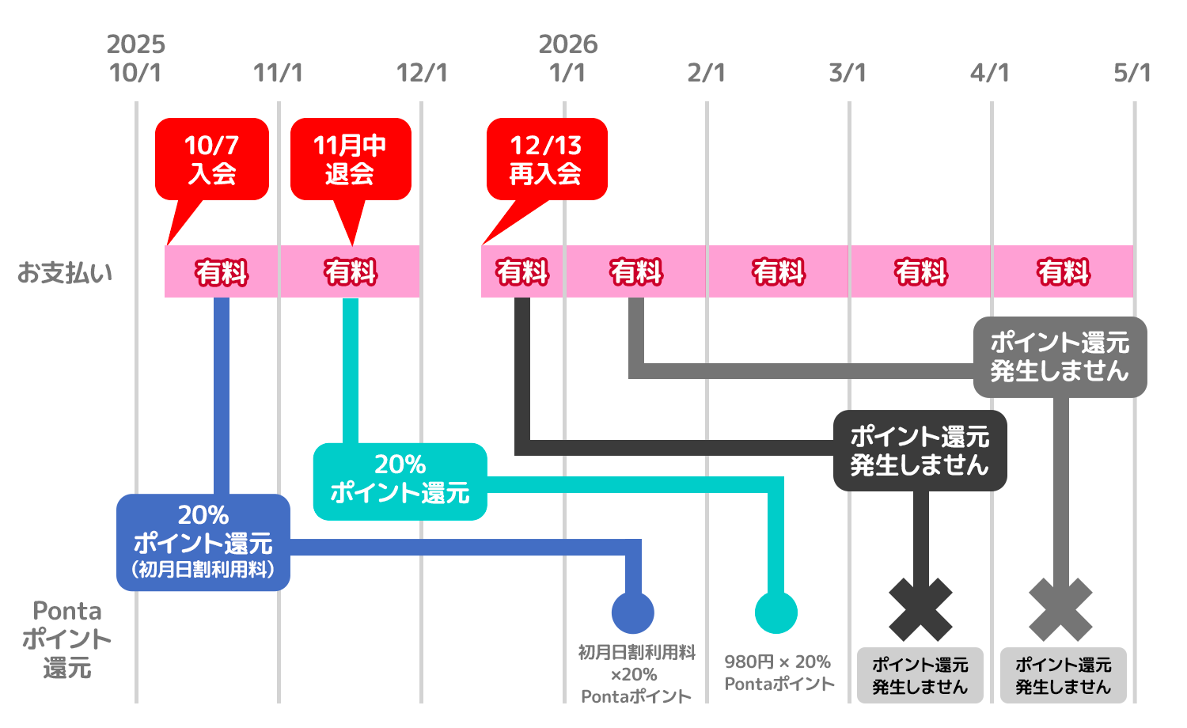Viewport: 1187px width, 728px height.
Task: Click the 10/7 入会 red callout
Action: pos(211,159)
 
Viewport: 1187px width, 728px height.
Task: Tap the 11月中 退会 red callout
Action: pos(351,159)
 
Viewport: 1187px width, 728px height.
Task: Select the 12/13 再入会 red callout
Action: pos(546,159)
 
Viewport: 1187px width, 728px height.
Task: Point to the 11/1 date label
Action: pos(278,73)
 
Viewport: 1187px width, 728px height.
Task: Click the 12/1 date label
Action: pos(421,73)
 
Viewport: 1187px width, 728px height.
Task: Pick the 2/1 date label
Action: pos(706,73)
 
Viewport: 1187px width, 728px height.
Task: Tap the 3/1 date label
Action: pos(848,73)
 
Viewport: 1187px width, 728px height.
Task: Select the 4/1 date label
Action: pos(990,73)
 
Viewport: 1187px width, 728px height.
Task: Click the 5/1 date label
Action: pos(1132,73)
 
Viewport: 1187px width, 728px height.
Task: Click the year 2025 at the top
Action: pos(136,44)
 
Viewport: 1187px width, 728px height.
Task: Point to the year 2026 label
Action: pos(568,44)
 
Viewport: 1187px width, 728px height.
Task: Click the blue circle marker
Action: pos(633,612)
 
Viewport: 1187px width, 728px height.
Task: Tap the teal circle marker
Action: pos(776,612)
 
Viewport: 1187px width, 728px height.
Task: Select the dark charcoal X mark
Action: pos(920,609)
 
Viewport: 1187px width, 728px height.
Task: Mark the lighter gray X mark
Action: pos(1060,609)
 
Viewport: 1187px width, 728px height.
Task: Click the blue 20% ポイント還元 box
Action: pos(203,542)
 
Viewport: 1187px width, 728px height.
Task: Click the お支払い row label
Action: pos(65,273)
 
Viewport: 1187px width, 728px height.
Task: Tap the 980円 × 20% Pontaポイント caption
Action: pos(779,673)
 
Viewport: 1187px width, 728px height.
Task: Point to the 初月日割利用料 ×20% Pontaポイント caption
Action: pos(636,674)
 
